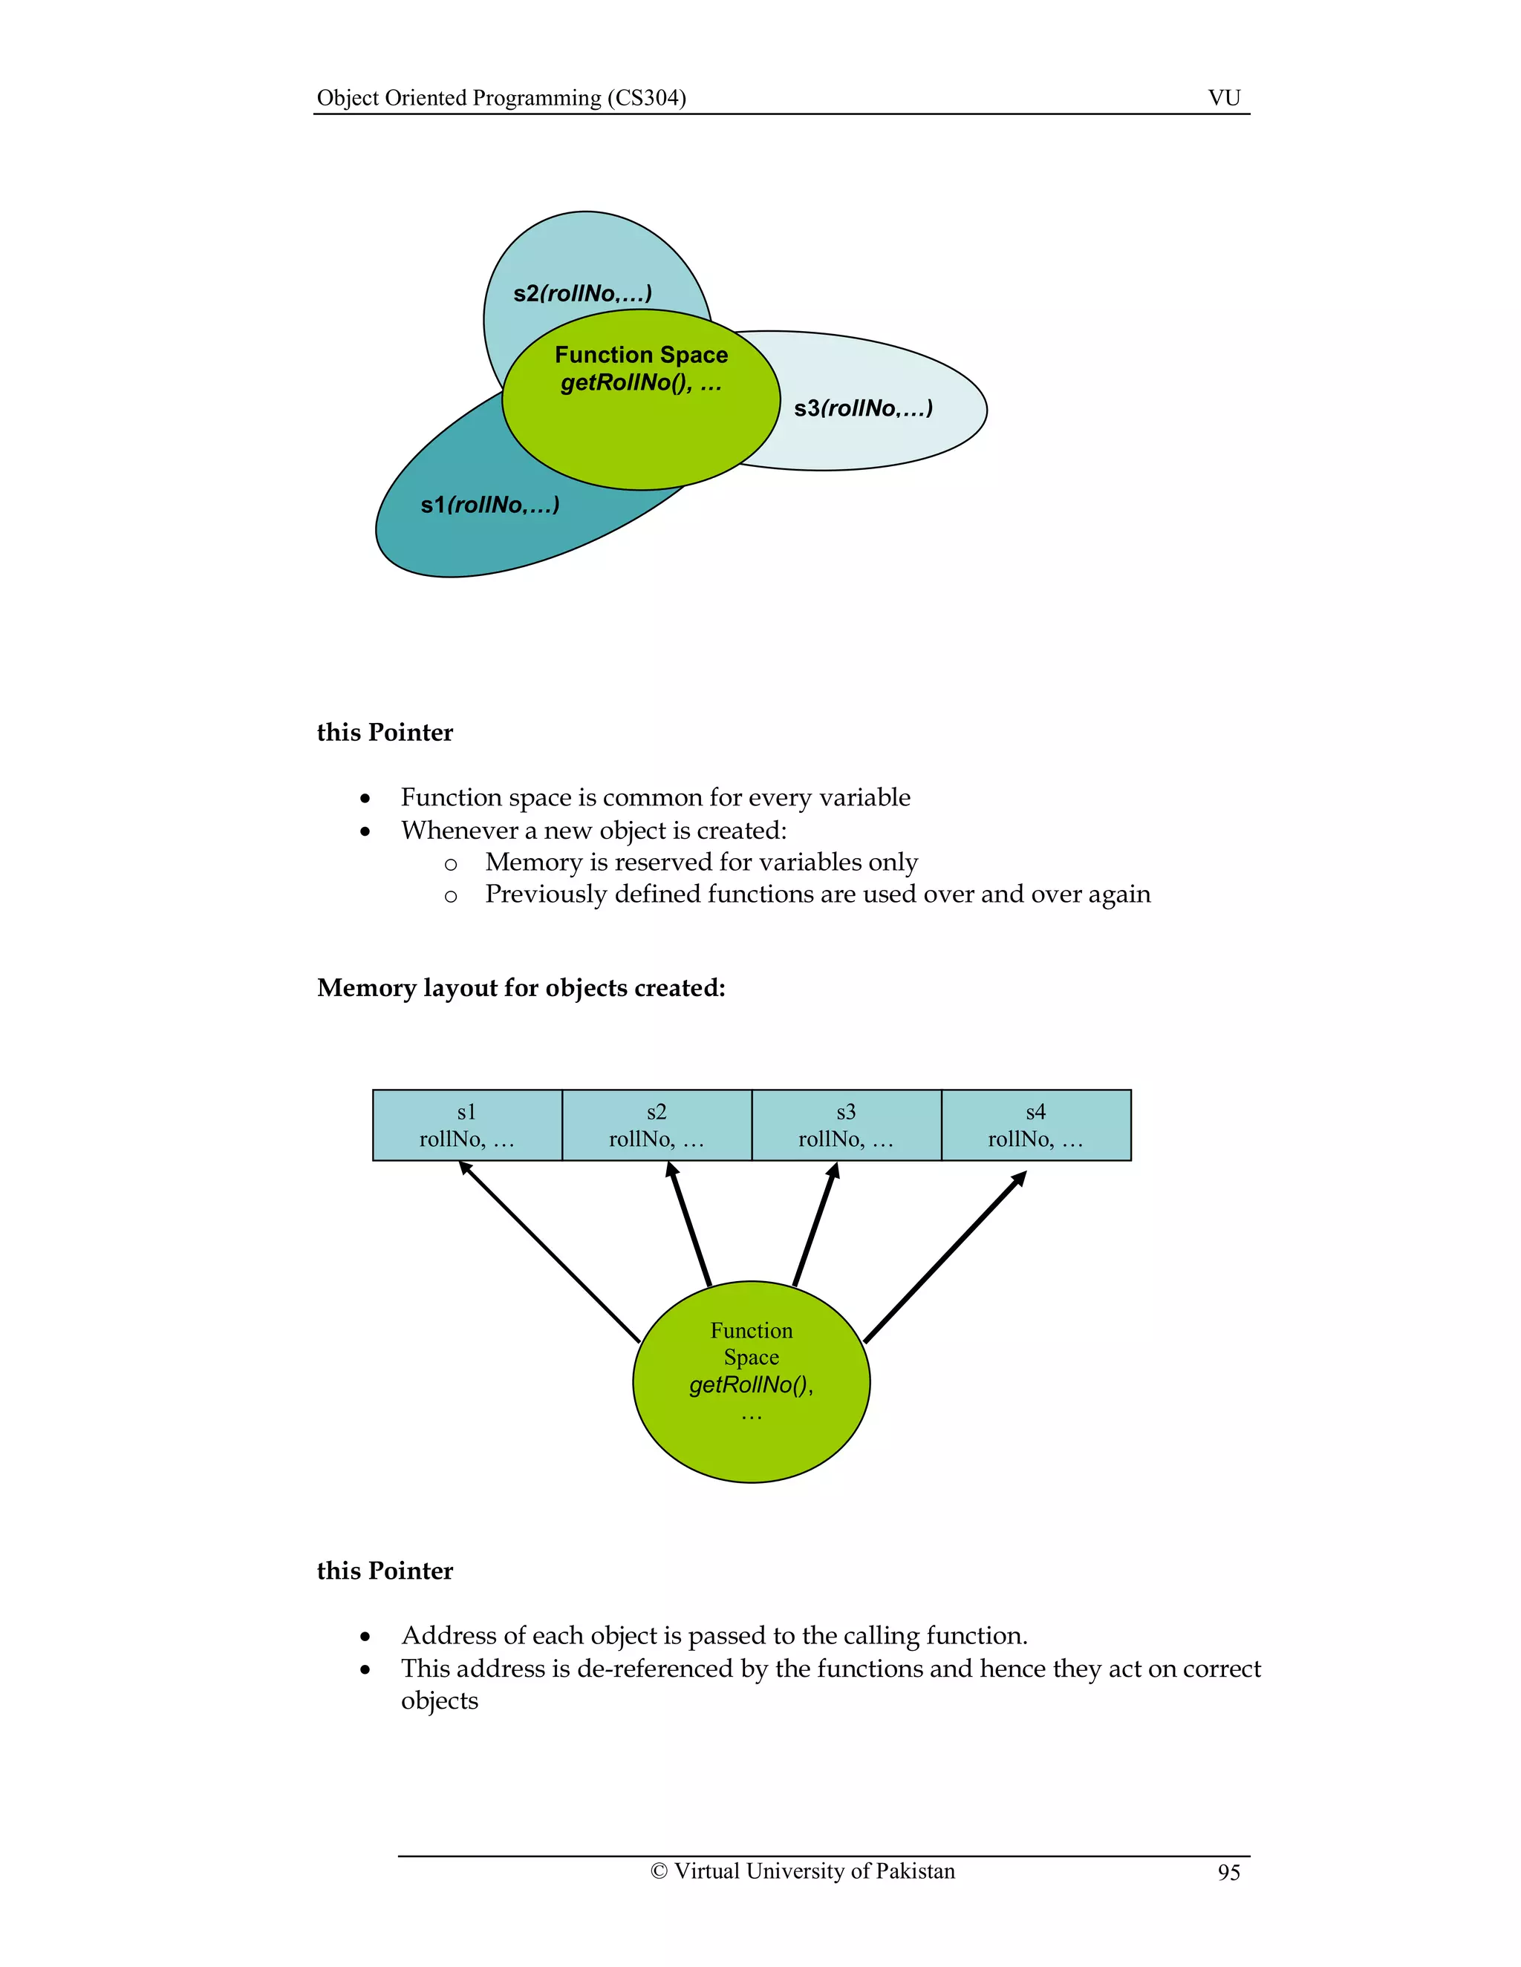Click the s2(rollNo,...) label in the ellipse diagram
582,294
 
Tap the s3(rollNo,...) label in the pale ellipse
862,409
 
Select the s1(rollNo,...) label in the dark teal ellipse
489,505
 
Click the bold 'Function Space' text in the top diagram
641,355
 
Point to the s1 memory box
466,1125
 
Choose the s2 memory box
656,1125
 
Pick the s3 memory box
846,1125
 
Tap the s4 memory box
1035,1125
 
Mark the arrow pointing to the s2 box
688,1224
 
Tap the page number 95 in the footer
1228,1873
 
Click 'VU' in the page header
1224,98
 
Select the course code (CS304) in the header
646,98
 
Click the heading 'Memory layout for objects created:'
521,988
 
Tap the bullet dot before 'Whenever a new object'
365,832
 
